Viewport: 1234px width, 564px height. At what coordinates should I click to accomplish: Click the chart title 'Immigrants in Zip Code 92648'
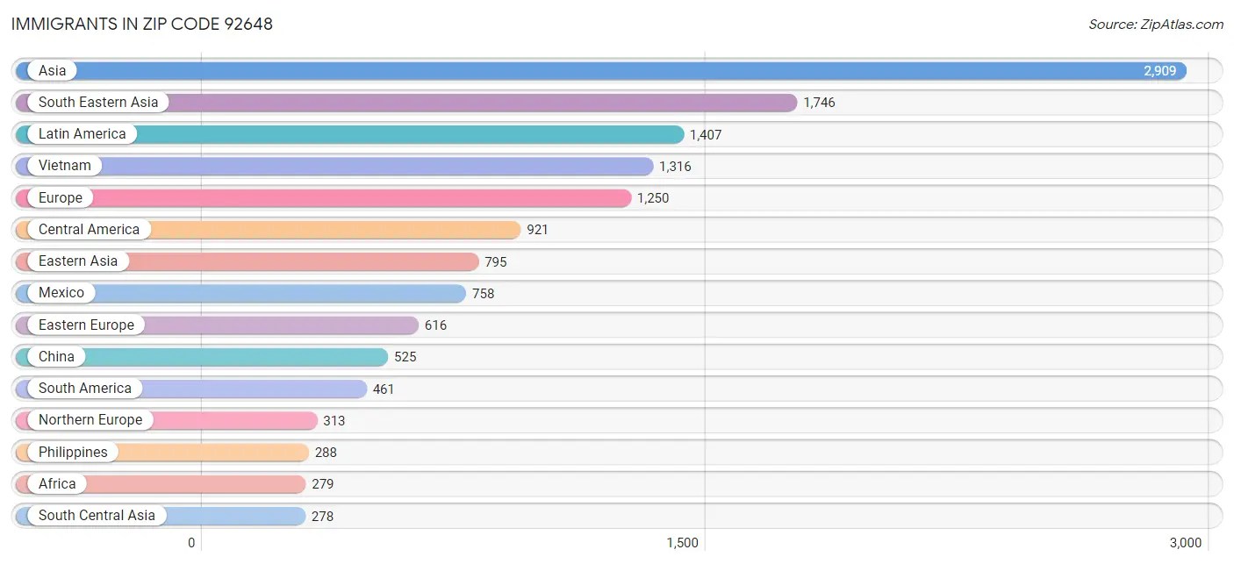click(x=142, y=24)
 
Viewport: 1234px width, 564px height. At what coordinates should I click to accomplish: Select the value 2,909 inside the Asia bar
click(x=1159, y=71)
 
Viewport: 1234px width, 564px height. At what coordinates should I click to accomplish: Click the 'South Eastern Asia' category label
click(x=98, y=103)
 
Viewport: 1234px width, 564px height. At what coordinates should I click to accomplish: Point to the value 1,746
click(x=819, y=103)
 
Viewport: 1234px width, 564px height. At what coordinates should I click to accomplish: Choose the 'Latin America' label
click(x=82, y=134)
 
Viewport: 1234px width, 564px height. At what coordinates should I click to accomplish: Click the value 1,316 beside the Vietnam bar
click(x=675, y=167)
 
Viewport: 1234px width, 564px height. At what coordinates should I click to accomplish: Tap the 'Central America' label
click(x=89, y=230)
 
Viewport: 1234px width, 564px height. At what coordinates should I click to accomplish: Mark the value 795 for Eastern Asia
click(x=496, y=262)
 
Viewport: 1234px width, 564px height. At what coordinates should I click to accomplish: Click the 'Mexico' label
click(x=61, y=293)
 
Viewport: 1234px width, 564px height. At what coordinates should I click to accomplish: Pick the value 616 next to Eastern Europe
click(x=435, y=325)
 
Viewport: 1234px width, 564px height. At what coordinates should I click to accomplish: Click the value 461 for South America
click(x=384, y=389)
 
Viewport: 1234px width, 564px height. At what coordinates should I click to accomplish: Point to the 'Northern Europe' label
click(x=90, y=420)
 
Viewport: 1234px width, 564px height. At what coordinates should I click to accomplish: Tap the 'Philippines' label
click(x=73, y=453)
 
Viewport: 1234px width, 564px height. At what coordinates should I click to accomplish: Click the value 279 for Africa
click(x=322, y=484)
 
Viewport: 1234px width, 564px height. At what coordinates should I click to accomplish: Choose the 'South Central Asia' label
click(x=97, y=516)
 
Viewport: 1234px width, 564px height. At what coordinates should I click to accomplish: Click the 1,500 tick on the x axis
click(x=682, y=543)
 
